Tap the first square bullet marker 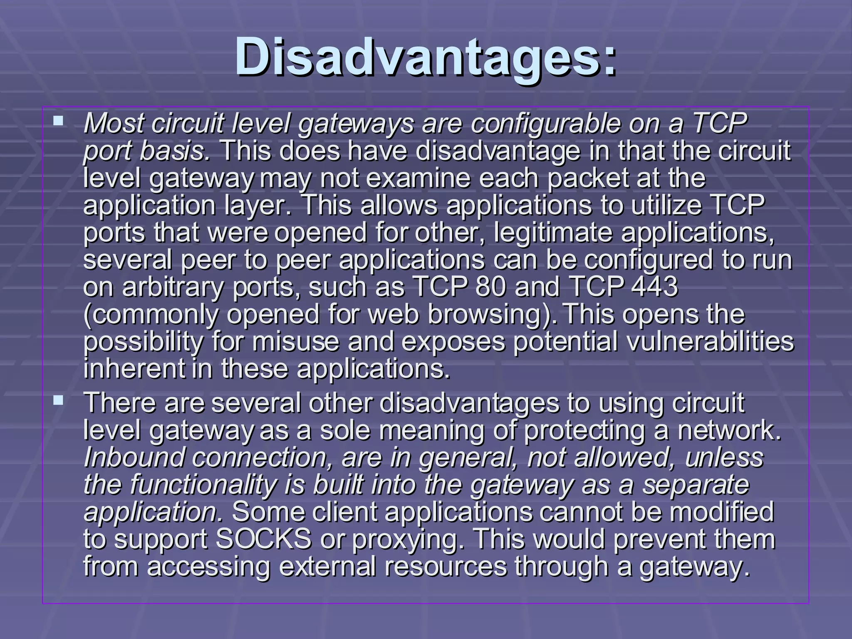pyautogui.click(x=58, y=121)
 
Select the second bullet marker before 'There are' pyautogui.click(x=58, y=401)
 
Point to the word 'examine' pyautogui.click(x=416, y=178)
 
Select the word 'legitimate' pyautogui.click(x=553, y=233)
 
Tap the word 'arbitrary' pyautogui.click(x=173, y=287)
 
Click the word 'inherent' pyautogui.click(x=134, y=369)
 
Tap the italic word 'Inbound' pyautogui.click(x=134, y=458)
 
